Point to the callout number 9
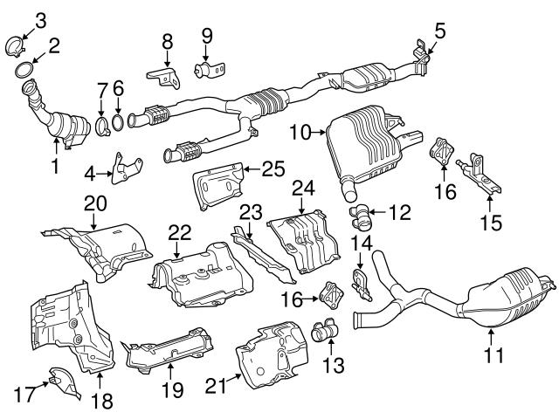206,36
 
